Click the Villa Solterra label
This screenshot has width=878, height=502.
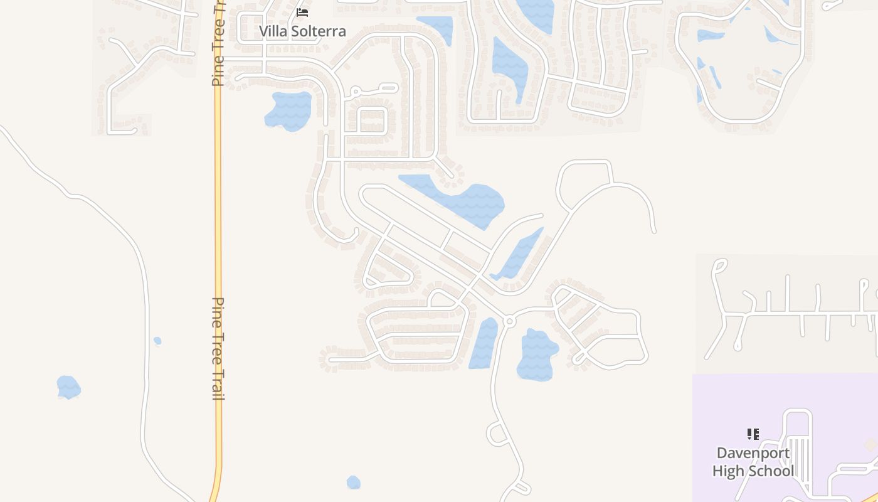302,31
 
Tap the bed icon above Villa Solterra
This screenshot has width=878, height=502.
302,12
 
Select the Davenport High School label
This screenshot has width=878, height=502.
753,462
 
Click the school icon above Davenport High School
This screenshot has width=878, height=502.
753,434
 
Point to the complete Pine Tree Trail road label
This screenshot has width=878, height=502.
218,348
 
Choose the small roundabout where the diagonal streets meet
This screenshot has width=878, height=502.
509,321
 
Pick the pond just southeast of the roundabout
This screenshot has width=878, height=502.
536,355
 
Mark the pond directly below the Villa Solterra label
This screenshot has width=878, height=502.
289,110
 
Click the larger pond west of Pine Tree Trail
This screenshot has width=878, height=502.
68,387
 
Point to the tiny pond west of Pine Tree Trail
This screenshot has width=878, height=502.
157,341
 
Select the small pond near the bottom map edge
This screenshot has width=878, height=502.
354,482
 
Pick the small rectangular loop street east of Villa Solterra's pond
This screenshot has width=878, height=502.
373,119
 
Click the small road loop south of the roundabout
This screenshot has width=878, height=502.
497,434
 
